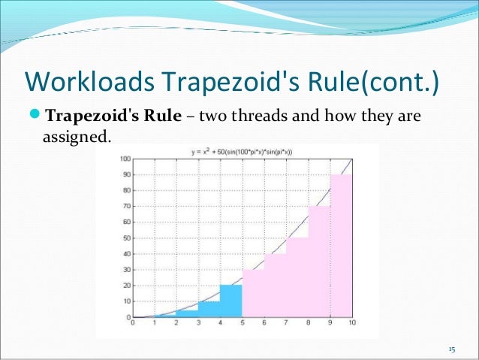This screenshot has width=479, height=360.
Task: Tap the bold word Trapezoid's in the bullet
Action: [89, 118]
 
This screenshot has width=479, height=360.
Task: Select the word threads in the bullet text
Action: [264, 118]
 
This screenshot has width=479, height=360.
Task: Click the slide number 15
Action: [452, 350]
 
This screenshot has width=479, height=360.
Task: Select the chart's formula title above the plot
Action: [240, 153]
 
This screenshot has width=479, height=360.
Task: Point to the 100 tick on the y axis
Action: [125, 159]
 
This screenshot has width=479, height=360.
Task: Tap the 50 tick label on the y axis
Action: [126, 238]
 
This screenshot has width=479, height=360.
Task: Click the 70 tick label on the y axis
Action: [126, 207]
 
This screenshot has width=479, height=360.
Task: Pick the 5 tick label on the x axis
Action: [242, 323]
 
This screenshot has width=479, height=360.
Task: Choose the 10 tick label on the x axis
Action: [351, 323]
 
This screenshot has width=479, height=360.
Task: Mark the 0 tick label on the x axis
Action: [133, 323]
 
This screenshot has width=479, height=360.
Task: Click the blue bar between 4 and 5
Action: [231, 301]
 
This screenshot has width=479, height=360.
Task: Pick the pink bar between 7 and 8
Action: [297, 277]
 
